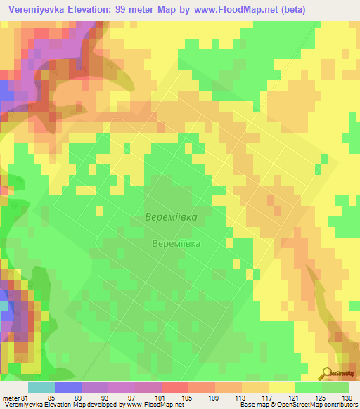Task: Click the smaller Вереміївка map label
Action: (176, 244)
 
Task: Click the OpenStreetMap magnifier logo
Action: (327, 372)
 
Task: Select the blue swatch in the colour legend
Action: (67, 387)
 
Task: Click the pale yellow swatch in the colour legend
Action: (281, 387)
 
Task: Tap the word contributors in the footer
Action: (335, 405)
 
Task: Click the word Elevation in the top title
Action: (88, 10)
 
